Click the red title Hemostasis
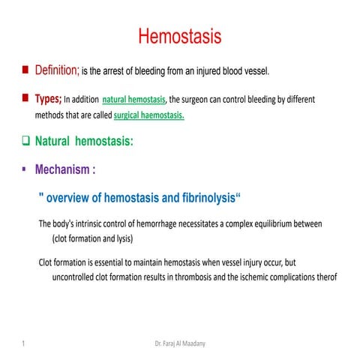coord(179,35)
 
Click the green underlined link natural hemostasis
coord(133,99)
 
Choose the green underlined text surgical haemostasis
coord(148,116)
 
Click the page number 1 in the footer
coord(24,343)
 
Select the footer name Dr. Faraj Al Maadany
coord(180,343)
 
